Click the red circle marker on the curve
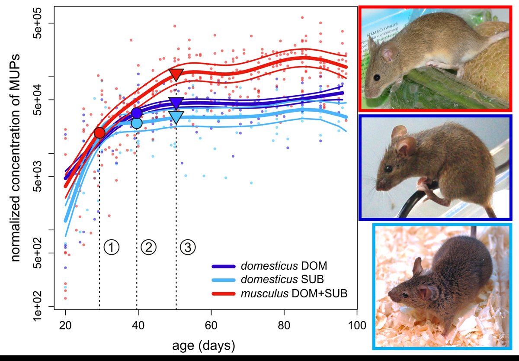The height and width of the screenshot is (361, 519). pos(99,133)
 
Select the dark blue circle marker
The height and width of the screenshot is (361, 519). pos(137,113)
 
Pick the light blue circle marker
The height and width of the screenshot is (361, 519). pos(137,123)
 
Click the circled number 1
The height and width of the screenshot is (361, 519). pos(111,247)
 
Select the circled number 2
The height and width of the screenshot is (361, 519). pos(148,247)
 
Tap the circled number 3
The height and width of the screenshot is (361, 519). pos(188,247)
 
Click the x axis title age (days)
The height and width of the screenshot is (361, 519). pos(204,345)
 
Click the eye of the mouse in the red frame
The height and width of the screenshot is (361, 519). pos(376,77)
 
